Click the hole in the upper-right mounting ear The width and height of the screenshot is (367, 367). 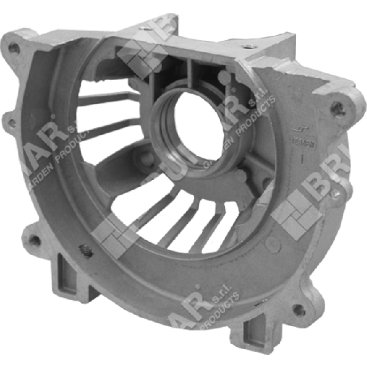pyautogui.click(x=335, y=108)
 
